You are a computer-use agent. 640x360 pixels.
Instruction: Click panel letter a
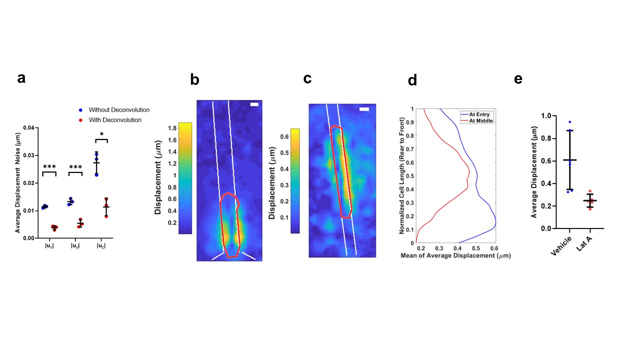[21, 78]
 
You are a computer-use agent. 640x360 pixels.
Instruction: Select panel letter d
[412, 81]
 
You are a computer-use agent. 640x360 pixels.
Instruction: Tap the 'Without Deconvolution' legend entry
[119, 110]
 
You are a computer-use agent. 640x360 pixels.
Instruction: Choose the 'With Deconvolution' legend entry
[115, 120]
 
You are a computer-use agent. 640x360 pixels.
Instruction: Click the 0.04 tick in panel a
[28, 128]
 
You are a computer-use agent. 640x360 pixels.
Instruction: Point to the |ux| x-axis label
[49, 245]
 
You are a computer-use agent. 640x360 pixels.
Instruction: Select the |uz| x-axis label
[101, 245]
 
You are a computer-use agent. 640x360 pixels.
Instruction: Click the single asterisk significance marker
[101, 134]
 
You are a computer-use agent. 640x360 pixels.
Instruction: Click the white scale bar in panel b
[254, 104]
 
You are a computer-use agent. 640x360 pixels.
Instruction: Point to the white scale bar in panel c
[364, 109]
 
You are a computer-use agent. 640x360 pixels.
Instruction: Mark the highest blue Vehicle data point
[569, 122]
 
